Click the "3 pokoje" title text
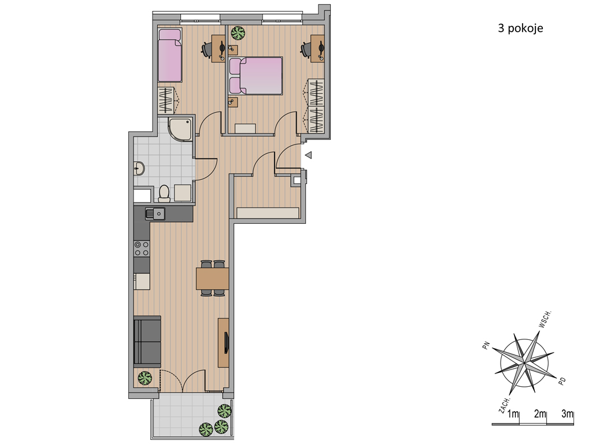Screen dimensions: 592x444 coord(520,28)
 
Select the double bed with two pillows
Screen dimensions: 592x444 coord(256,76)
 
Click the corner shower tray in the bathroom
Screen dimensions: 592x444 coord(180,129)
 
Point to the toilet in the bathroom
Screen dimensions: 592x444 coord(164,193)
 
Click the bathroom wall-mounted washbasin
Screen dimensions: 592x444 coord(139,168)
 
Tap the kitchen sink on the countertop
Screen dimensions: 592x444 coord(155,214)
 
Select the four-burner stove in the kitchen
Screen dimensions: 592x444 coord(142,249)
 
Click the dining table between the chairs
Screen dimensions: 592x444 coord(212,278)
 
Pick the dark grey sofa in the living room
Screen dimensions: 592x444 coord(147,341)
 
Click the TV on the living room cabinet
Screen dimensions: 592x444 coord(226,343)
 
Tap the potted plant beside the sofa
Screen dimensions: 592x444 coord(145,378)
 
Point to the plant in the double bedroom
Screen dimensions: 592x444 coord(238,33)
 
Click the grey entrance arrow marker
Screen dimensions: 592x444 coord(309,155)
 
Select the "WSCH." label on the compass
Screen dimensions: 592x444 coord(545,319)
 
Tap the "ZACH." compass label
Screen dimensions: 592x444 coord(504,405)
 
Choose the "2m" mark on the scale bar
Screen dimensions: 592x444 coord(541,414)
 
